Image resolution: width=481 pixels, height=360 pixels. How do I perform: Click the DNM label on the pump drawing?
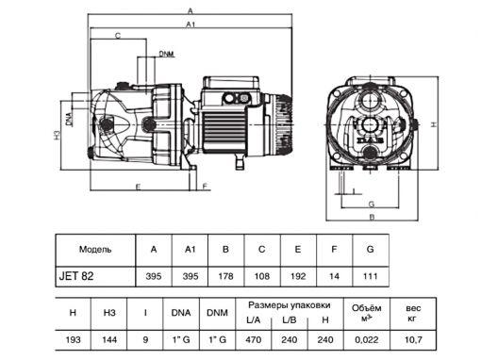pyautogui.click(x=166, y=54)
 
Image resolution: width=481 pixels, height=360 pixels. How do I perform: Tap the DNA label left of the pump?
pyautogui.click(x=69, y=119)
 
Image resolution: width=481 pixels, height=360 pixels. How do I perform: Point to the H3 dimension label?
pyautogui.click(x=57, y=135)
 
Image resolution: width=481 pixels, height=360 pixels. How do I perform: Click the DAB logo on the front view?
pyautogui.click(x=372, y=140)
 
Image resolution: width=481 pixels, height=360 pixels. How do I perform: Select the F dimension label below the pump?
pyautogui.click(x=205, y=187)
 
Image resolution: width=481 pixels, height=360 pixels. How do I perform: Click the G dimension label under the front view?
pyautogui.click(x=372, y=205)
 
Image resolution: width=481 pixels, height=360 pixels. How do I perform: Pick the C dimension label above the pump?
pyautogui.click(x=118, y=36)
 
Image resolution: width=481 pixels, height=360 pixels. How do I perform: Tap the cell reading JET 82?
pyautogui.click(x=76, y=276)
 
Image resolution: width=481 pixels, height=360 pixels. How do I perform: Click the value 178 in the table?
pyautogui.click(x=225, y=276)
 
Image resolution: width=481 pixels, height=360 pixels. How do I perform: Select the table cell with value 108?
pyautogui.click(x=262, y=276)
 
